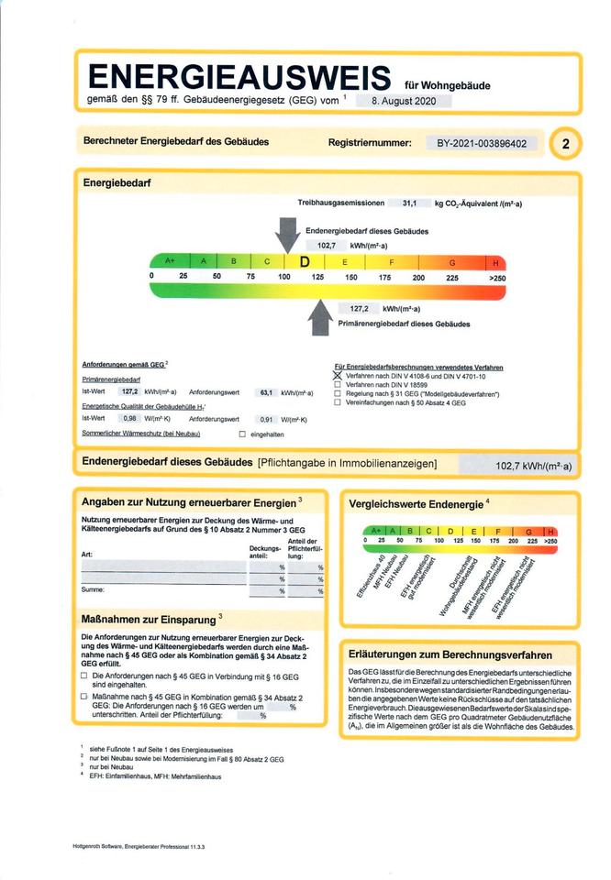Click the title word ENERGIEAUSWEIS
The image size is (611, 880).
coord(239,77)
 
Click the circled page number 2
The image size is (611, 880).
coord(565,144)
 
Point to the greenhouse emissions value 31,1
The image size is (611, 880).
coord(409,203)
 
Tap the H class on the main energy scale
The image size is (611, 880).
coord(495,262)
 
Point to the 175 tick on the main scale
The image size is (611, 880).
coord(384,277)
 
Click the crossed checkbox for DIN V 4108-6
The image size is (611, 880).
coord(338,376)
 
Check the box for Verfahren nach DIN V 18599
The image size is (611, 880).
coord(338,385)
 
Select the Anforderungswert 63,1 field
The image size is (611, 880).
coord(266,392)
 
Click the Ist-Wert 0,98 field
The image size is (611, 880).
coord(129,418)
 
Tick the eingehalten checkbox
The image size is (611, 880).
coord(242,434)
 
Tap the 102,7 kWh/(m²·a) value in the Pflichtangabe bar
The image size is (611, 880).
coord(532,466)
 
